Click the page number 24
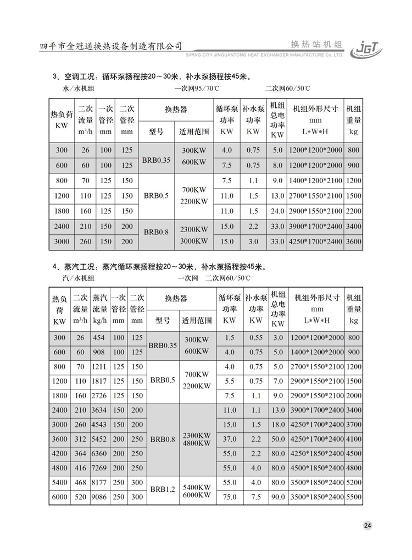368,525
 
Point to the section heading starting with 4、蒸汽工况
159,267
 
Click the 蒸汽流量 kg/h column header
99,309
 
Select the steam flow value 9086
99,497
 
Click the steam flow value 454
99,338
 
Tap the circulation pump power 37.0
230,439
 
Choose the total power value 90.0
278,497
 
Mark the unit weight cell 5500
354,497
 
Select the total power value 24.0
278,211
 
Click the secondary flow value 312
80,439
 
